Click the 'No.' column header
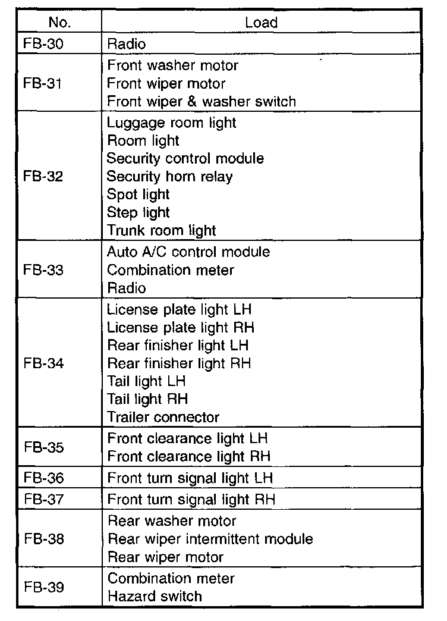59,23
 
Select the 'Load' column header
261,23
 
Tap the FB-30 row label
42,43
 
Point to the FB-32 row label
42,177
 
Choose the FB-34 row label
43,363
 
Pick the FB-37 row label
43,499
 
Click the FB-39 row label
43,587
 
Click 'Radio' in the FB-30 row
126,43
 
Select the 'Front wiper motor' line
166,83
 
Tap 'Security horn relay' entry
169,177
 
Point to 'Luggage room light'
171,123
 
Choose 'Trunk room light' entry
161,230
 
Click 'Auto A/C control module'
188,252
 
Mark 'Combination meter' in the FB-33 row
170,270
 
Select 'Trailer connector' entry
163,417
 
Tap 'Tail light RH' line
147,399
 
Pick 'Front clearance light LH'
187,438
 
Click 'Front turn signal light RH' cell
191,499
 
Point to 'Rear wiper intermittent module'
210,539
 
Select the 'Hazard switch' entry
155,596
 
